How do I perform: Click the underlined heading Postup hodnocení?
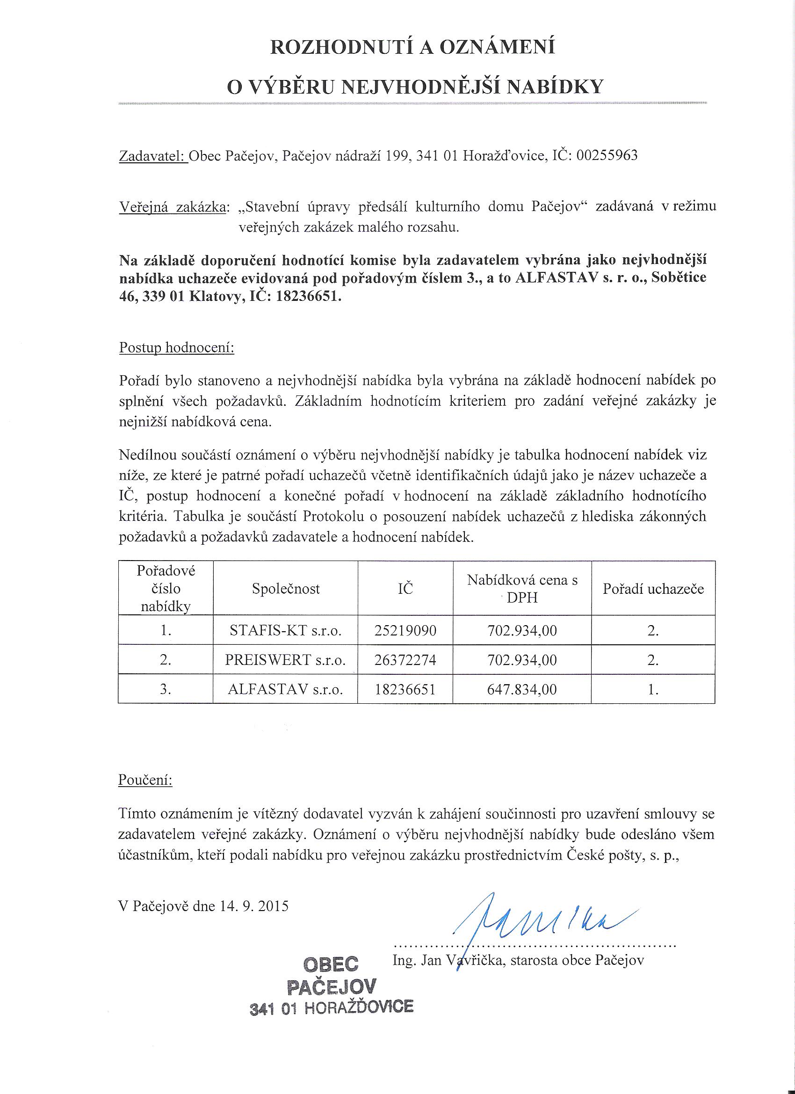point(176,348)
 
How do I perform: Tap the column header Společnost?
point(286,589)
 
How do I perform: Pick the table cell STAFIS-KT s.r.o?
point(286,630)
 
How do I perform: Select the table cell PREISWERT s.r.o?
point(285,660)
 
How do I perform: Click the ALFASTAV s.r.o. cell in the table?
point(285,689)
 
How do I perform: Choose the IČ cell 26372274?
point(405,660)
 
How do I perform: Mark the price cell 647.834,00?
point(522,689)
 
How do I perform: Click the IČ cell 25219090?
point(405,630)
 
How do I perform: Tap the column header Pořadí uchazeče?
point(653,589)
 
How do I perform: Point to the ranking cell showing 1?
point(653,689)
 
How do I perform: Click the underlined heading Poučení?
point(145,780)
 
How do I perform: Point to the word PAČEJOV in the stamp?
point(331,986)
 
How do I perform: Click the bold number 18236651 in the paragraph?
point(309,297)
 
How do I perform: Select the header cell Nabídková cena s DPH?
point(522,589)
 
